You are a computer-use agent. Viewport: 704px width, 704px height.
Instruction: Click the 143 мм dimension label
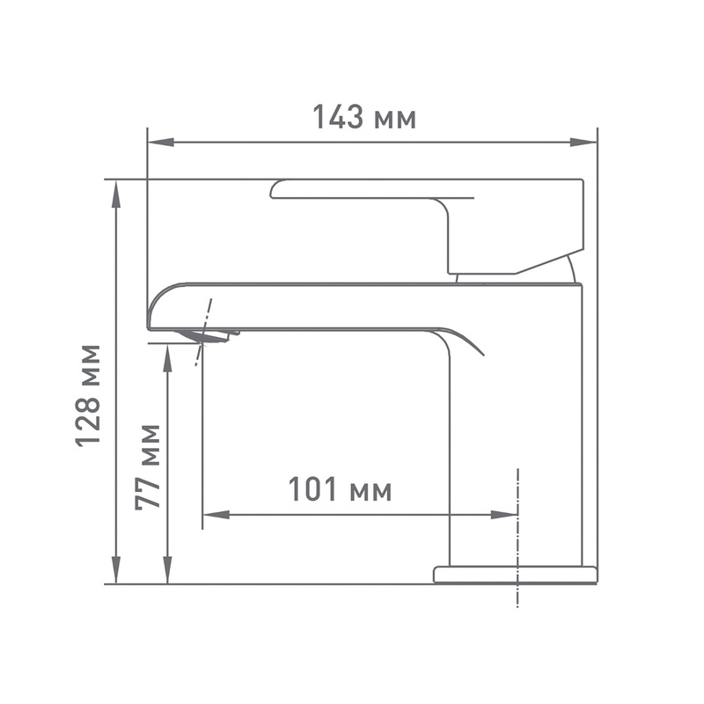364,117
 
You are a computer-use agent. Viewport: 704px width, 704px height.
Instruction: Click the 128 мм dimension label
89,395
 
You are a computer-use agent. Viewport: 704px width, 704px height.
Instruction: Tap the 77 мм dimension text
148,466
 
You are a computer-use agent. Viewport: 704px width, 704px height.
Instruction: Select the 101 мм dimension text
340,489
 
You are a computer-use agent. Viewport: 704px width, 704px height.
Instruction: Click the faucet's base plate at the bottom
515,575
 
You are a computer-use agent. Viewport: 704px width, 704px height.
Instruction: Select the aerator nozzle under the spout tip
208,335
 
